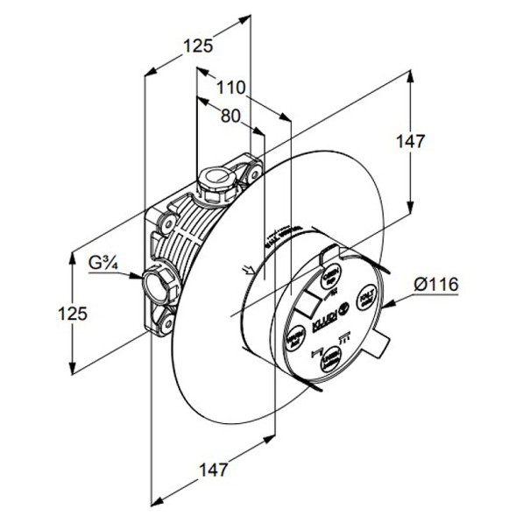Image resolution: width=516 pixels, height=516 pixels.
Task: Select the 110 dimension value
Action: coord(231,88)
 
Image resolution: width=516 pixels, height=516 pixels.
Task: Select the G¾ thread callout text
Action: coord(105,262)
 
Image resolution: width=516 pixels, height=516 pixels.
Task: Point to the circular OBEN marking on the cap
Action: coord(329,278)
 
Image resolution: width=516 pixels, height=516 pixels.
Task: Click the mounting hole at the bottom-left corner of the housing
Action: coord(166,326)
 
